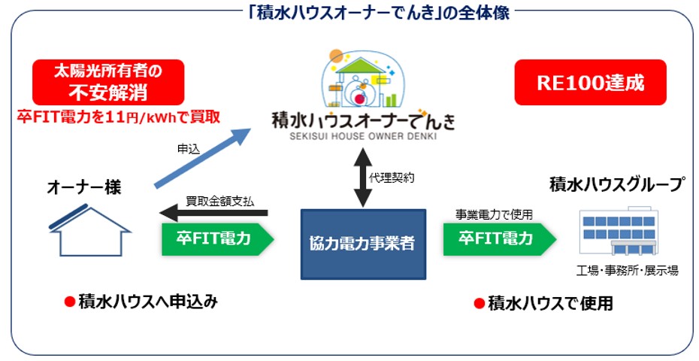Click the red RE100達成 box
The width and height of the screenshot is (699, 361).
coord(590,83)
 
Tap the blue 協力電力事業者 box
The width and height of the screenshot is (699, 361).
coord(363,244)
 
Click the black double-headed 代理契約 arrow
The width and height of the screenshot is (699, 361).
coord(363,177)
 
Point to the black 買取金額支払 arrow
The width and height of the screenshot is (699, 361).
coord(213,214)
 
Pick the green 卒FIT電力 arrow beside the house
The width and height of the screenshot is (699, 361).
coord(217,239)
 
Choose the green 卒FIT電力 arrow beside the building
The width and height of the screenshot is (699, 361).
coord(500,239)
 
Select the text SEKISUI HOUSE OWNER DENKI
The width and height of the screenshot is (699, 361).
coord(363,136)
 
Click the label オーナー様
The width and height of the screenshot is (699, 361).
coord(84,188)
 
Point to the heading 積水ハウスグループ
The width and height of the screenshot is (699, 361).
coord(616,185)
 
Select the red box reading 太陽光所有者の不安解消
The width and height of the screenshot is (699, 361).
coord(108,83)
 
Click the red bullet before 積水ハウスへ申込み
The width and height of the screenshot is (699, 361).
coord(69,302)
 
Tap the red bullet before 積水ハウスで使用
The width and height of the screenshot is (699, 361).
coord(479,304)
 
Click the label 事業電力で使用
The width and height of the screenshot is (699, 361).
coord(494,214)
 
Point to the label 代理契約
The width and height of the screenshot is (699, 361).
coord(392,177)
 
